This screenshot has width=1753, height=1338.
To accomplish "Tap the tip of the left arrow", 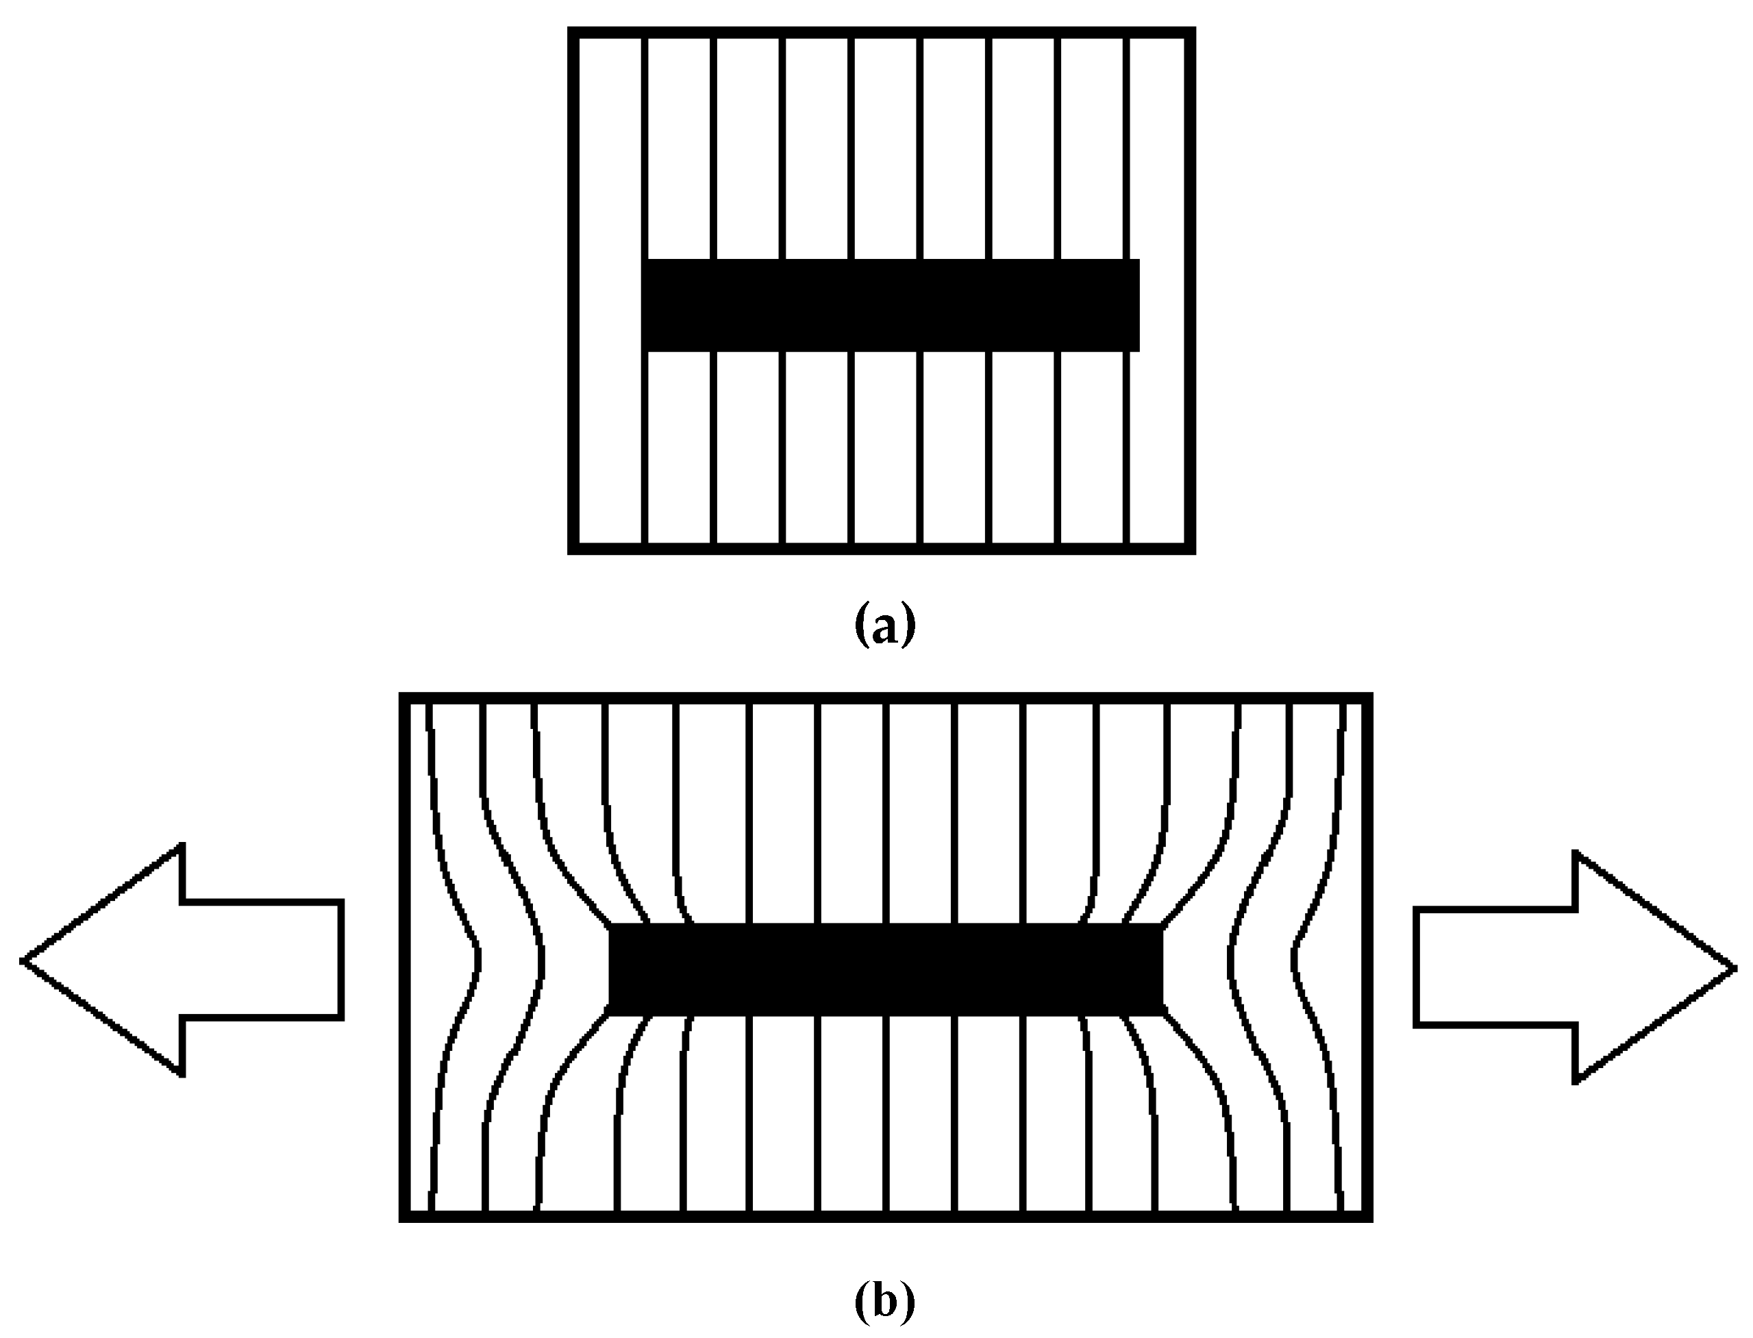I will pyautogui.click(x=24, y=961).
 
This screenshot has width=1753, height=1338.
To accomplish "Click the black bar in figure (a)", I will pyautogui.click(x=891, y=305).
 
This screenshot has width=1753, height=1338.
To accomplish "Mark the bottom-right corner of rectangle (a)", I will pyautogui.click(x=1191, y=549).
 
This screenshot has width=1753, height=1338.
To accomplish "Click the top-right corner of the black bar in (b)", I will pyautogui.click(x=1161, y=926).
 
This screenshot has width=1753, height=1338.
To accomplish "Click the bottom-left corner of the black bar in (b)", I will pyautogui.click(x=611, y=1014).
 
